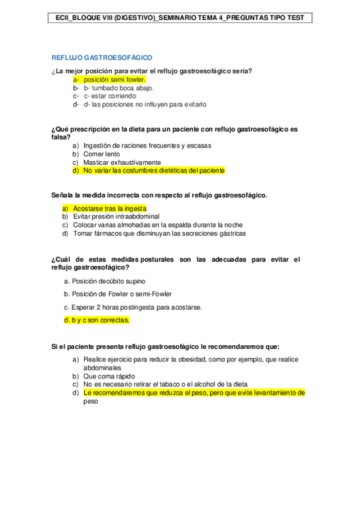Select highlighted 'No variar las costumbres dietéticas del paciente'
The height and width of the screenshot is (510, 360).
[154, 171]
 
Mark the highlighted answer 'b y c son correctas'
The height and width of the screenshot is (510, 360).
[96, 321]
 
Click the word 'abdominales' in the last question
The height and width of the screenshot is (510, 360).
[103, 367]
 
